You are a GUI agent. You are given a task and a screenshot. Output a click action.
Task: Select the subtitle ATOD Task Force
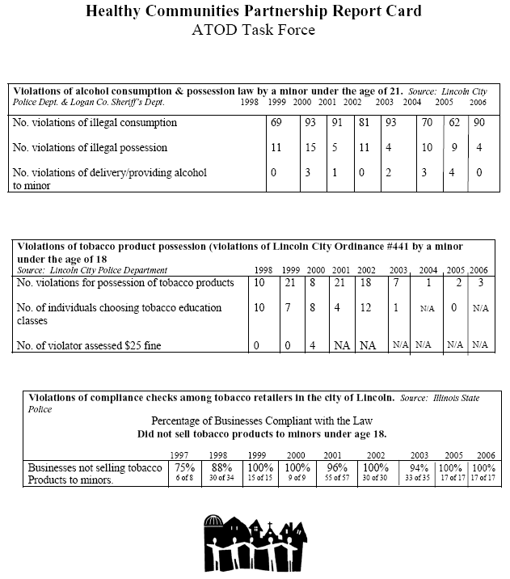click(x=254, y=32)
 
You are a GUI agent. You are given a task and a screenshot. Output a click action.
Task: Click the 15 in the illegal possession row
click(x=309, y=148)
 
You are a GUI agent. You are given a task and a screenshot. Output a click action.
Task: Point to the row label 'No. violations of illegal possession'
click(x=91, y=148)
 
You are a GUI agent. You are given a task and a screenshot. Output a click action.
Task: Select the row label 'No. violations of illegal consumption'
click(x=94, y=123)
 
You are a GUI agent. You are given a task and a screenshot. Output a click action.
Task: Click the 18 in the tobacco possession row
click(x=365, y=282)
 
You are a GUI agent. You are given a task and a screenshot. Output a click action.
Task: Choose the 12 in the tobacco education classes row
click(x=365, y=308)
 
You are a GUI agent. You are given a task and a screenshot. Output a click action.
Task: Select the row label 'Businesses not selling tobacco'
click(x=95, y=467)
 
